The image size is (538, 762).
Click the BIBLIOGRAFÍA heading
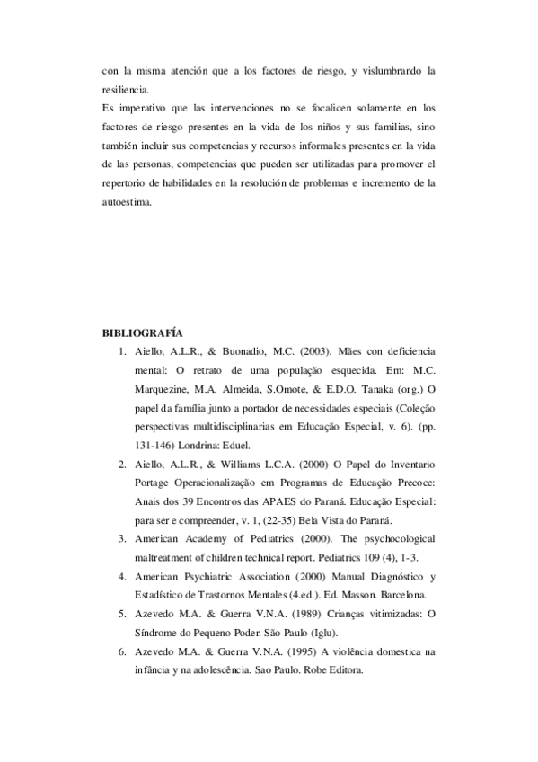pos(144,332)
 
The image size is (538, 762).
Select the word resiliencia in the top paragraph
pos(126,90)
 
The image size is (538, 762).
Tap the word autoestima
pos(128,202)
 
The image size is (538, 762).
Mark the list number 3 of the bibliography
pos(121,538)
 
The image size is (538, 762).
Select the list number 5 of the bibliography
pos(121,614)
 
